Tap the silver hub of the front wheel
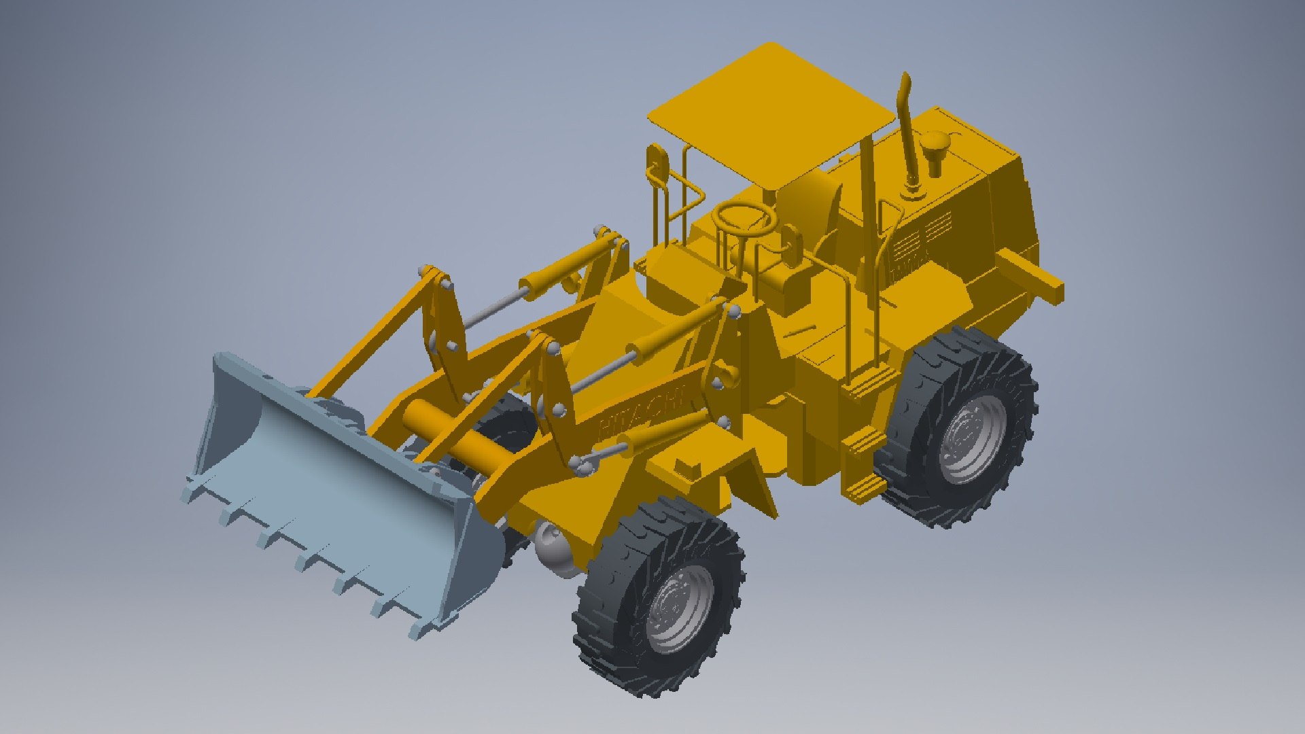pos(680,608)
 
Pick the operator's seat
pos(812,204)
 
